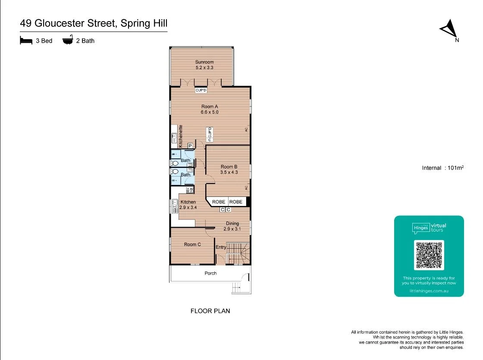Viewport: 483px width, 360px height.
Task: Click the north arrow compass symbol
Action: coord(449,29)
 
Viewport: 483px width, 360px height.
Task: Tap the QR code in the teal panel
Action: coord(429,255)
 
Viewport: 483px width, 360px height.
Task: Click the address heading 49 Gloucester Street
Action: coord(94,23)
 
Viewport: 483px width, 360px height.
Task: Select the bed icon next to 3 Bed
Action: coord(26,41)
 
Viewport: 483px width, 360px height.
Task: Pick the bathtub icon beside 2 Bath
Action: coord(68,41)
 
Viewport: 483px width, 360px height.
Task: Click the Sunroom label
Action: coord(204,62)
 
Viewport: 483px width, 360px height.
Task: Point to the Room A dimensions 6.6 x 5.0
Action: coord(210,112)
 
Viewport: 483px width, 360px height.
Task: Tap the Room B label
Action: coord(229,167)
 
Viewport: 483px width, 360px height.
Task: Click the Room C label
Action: coord(192,244)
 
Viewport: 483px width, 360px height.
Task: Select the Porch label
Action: coord(210,273)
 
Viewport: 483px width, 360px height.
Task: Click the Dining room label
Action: coord(232,224)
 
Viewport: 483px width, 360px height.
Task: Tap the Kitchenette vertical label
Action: coord(181,136)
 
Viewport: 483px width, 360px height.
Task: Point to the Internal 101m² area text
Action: coord(442,168)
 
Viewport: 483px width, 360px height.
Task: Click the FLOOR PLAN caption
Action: coord(210,311)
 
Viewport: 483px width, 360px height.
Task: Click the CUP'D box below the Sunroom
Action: coord(201,91)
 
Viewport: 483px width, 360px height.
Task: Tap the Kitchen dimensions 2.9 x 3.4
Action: coord(188,208)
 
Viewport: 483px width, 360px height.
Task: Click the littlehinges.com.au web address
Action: coord(429,291)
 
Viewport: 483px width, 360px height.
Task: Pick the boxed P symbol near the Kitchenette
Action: coord(190,146)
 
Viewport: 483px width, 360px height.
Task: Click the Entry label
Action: coord(221,247)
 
